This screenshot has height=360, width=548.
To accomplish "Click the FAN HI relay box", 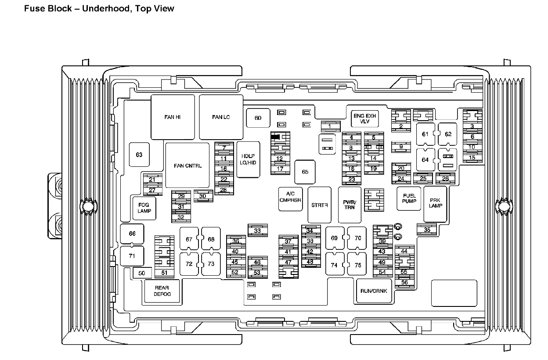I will coord(173,117).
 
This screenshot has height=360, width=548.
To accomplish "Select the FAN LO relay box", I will coord(221,117).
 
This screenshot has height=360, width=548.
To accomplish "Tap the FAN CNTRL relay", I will coord(187,166).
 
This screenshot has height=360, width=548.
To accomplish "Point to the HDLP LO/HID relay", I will coord(248,159).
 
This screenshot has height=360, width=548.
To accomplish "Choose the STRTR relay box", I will coord(320,205).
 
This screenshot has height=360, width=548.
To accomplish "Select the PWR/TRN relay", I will coord(350,205).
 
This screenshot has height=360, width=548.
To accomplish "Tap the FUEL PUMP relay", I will coord(409,198).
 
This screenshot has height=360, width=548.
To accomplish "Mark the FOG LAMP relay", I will coord(144,208).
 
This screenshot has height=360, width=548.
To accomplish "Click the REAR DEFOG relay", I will coord(162,291).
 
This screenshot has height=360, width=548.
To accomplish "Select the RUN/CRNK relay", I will coord(374,291).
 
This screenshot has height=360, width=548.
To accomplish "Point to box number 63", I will coord(139,155).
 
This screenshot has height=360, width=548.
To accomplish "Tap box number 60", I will coord(258,118).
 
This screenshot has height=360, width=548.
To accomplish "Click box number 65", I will coord(305,172).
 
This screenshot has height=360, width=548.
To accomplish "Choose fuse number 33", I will coord(257,230).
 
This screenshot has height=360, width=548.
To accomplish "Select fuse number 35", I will coord(427,229).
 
